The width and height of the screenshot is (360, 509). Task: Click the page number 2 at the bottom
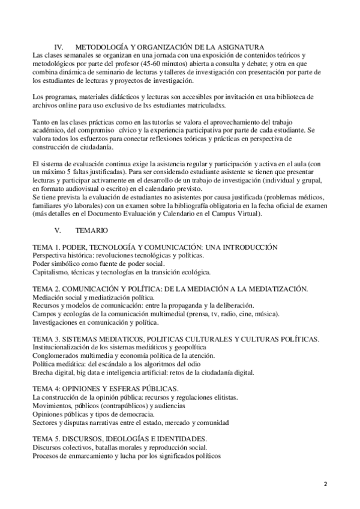(325, 484)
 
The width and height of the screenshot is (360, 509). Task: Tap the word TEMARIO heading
(92, 230)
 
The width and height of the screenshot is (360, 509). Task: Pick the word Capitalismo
(51, 272)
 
